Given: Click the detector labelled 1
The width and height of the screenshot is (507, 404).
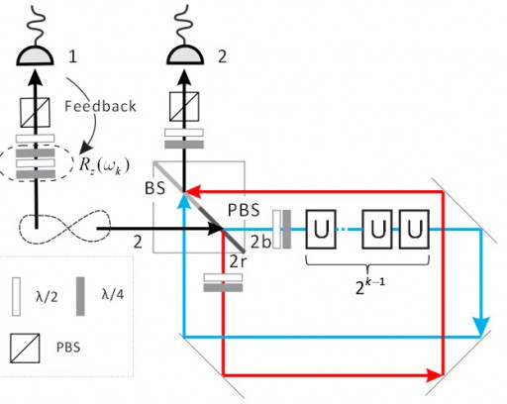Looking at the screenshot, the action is pyautogui.click(x=36, y=55).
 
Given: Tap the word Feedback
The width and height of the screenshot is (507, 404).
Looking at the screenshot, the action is pyautogui.click(x=100, y=106).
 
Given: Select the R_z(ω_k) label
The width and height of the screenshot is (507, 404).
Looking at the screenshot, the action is pyautogui.click(x=104, y=165).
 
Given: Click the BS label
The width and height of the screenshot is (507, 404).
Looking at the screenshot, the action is pyautogui.click(x=155, y=188).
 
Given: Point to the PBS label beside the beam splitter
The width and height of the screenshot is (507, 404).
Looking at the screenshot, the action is pyautogui.click(x=244, y=210).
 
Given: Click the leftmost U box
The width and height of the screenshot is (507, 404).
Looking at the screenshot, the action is pyautogui.click(x=321, y=229).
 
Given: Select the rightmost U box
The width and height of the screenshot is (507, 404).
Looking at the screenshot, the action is pyautogui.click(x=414, y=229).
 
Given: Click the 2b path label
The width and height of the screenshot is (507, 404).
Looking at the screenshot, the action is pyautogui.click(x=260, y=243).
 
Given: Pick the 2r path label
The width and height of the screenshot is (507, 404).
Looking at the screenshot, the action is pyautogui.click(x=238, y=261).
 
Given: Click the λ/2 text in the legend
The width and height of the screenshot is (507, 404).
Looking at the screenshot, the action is pyautogui.click(x=47, y=297).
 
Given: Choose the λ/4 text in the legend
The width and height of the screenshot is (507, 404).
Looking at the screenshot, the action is pyautogui.click(x=113, y=293).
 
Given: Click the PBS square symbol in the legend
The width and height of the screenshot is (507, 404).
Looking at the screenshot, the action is pyautogui.click(x=25, y=349).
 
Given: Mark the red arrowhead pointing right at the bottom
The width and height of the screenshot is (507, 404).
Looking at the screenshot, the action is pyautogui.click(x=434, y=375).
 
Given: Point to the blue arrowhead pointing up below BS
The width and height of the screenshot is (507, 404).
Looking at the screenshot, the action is pyautogui.click(x=183, y=201).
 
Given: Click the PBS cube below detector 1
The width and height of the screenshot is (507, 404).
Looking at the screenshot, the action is pyautogui.click(x=36, y=112).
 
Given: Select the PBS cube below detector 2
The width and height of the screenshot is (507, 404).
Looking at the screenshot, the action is pyautogui.click(x=184, y=106).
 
